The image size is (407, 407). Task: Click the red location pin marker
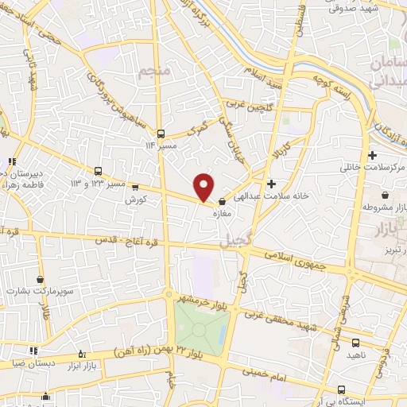click(x=204, y=186)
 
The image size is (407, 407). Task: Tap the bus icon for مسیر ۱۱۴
click(x=161, y=134)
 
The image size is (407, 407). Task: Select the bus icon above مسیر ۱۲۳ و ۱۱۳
click(x=99, y=170)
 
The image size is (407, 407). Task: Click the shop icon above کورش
click(x=134, y=188)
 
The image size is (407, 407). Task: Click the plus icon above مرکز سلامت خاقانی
click(x=372, y=154)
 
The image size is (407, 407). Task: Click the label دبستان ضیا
click(x=29, y=362)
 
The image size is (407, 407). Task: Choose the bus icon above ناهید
click(x=355, y=343)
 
